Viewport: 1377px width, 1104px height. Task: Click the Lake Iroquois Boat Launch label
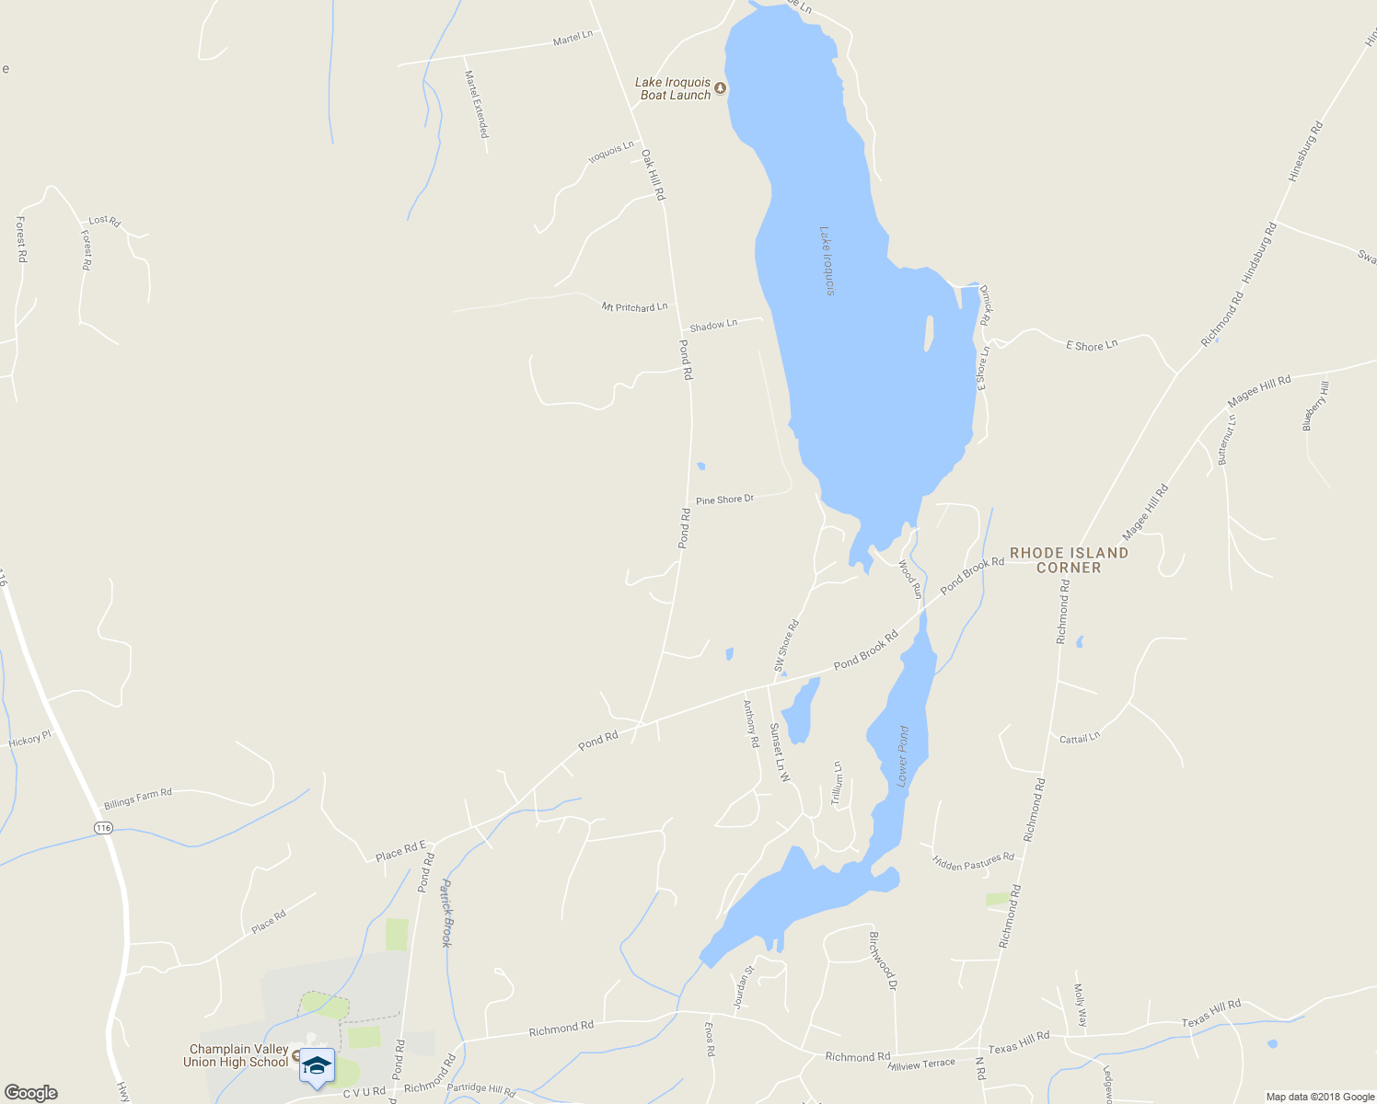click(673, 88)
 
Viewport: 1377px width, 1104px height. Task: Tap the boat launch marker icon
click(721, 88)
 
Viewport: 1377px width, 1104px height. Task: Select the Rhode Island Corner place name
click(1069, 559)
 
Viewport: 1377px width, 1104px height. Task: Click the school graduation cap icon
click(316, 1065)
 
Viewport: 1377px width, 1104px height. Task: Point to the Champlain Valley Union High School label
click(238, 1055)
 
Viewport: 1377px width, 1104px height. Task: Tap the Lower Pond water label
click(903, 756)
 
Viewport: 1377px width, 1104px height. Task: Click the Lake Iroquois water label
click(827, 261)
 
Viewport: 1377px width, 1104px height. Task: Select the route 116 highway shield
click(103, 828)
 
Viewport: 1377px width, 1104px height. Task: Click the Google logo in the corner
click(30, 1092)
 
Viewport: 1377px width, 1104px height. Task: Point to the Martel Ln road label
click(573, 38)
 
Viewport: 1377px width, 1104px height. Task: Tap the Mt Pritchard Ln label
click(634, 306)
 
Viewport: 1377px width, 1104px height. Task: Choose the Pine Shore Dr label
click(724, 500)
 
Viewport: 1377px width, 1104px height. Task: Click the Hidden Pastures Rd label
click(973, 862)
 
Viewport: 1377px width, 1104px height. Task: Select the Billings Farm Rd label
click(138, 798)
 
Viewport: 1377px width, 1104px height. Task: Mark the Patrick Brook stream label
click(445, 913)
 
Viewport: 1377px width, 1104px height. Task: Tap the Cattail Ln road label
click(1079, 738)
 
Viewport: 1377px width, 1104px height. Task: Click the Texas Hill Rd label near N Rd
click(1019, 1042)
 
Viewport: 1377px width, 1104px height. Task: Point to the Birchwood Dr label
click(882, 960)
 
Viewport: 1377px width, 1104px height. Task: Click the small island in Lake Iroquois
click(929, 334)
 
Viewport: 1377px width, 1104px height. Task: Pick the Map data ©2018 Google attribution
click(1319, 1097)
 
